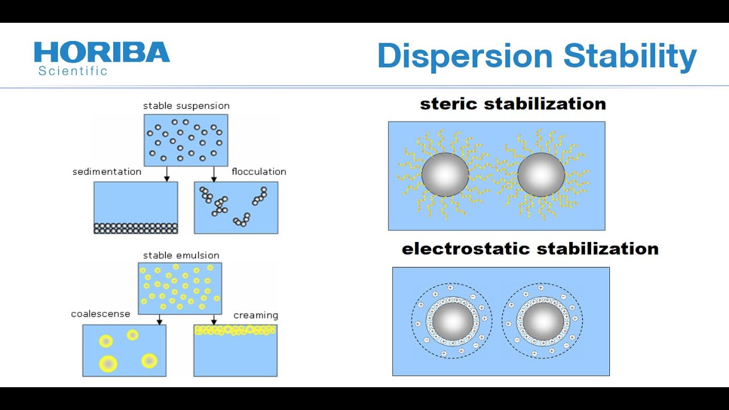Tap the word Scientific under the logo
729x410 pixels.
[73, 71]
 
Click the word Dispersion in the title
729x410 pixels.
[465, 56]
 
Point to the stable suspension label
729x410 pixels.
[186, 106]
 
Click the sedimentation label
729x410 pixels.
[107, 172]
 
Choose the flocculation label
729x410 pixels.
[259, 172]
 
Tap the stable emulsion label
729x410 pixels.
[181, 256]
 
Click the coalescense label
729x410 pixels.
[100, 314]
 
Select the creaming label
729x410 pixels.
[256, 315]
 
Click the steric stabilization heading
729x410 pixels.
[513, 104]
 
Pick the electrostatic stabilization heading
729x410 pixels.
[530, 249]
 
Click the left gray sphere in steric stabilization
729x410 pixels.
[445, 175]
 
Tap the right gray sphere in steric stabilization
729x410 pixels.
[541, 175]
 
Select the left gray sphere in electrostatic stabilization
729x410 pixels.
[453, 321]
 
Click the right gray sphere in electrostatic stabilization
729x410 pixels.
[543, 321]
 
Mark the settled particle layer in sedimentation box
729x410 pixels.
[136, 228]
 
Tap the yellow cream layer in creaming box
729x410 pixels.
[235, 330]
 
